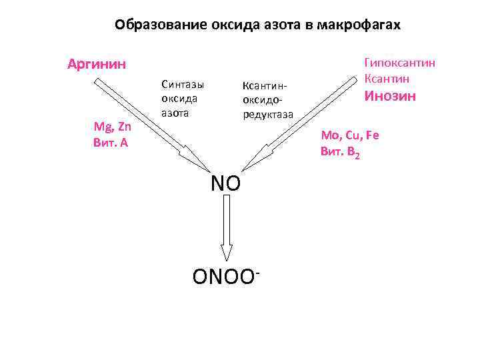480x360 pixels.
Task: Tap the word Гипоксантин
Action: coord(399,62)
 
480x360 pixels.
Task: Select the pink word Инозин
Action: coord(389,96)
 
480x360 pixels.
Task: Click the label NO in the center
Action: coord(225,183)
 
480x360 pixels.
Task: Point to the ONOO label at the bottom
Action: coord(222,276)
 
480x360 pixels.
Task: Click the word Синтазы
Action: coord(182,85)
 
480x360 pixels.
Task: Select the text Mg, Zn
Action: coord(112,127)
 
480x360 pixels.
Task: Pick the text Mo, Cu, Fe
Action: coord(349,135)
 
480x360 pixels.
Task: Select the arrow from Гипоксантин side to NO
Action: coord(300,123)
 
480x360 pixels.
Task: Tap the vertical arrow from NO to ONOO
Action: coord(227,227)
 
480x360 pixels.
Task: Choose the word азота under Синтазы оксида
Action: coord(175,113)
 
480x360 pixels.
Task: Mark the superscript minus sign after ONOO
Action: coord(256,269)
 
